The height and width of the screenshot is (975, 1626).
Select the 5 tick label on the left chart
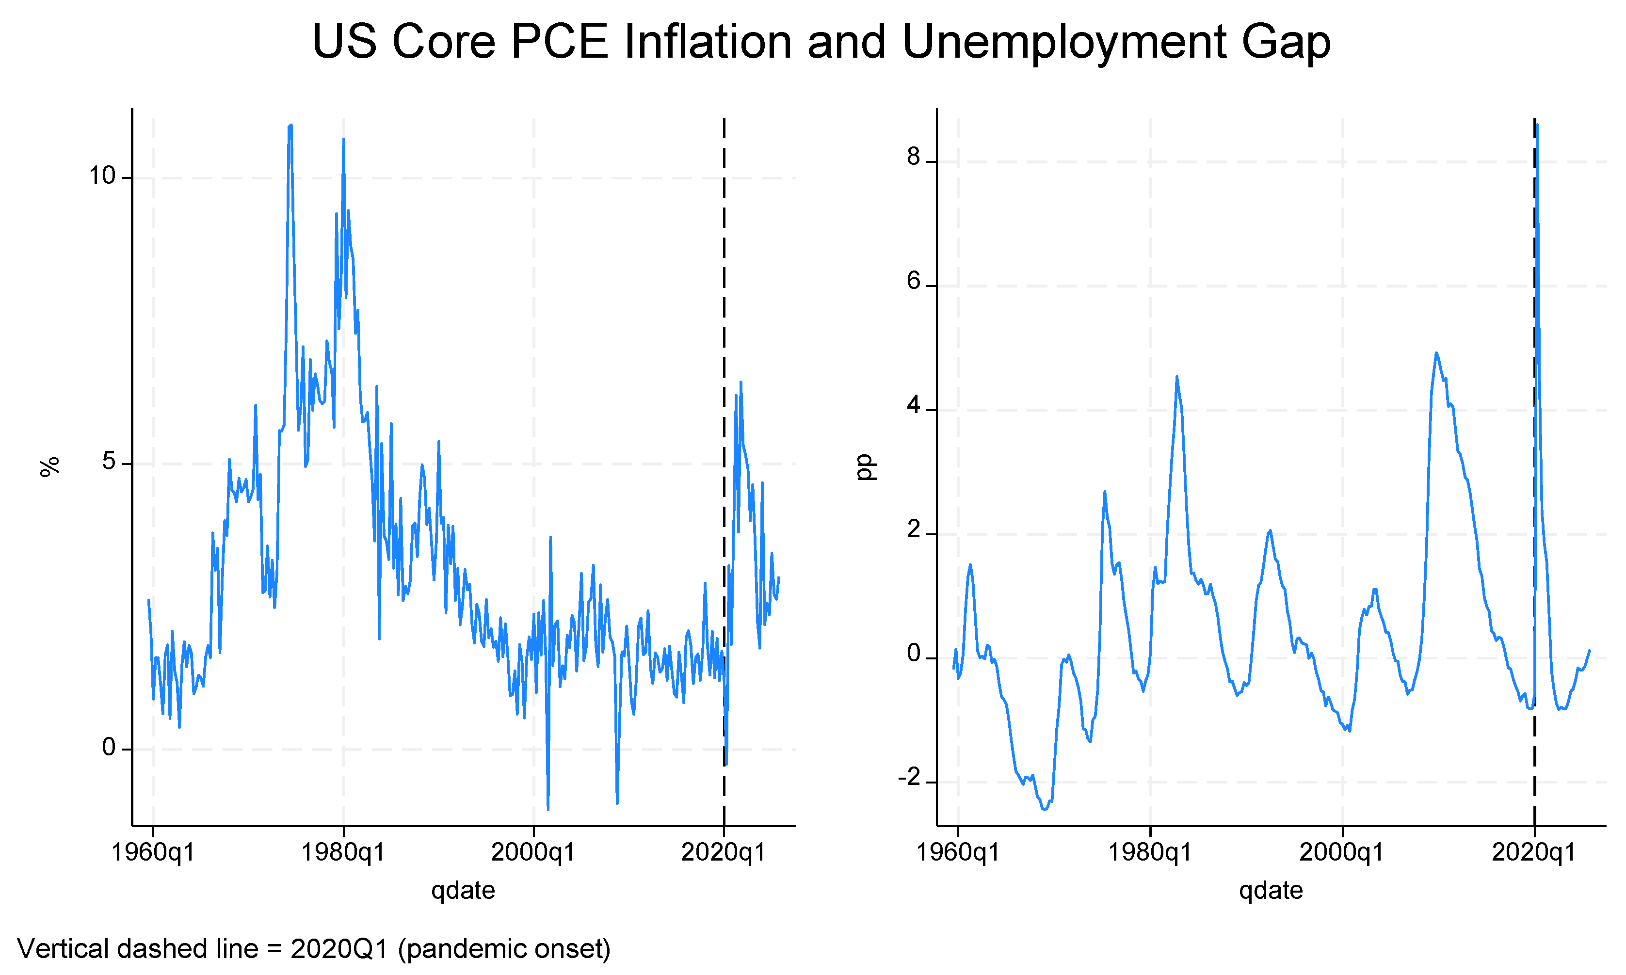tap(109, 462)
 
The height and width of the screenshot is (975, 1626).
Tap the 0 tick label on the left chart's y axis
tap(109, 748)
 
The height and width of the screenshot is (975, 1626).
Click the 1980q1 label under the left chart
tap(342, 853)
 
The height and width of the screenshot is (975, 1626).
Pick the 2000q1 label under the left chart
tap(533, 853)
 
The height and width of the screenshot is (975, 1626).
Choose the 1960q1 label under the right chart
tap(957, 853)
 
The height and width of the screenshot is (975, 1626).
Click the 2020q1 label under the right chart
tap(1534, 853)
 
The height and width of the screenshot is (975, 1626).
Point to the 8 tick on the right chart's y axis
tap(914, 157)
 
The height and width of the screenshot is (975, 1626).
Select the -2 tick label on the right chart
tap(909, 778)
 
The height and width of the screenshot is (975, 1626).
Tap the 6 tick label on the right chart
tap(914, 281)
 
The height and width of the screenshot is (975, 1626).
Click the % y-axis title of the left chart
tap(50, 466)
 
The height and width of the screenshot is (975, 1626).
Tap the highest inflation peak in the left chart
tap(290, 125)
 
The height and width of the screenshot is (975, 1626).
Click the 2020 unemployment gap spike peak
tap(1537, 124)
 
